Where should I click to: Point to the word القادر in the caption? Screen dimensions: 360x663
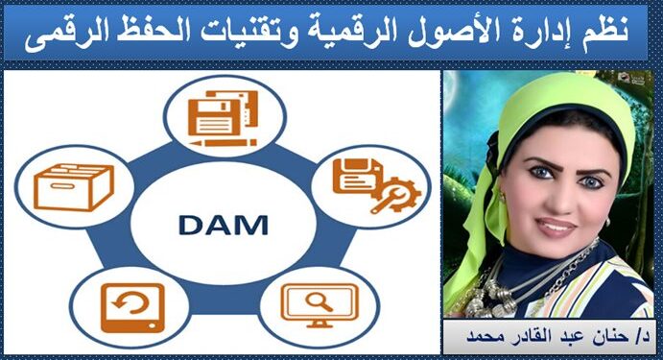537,340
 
